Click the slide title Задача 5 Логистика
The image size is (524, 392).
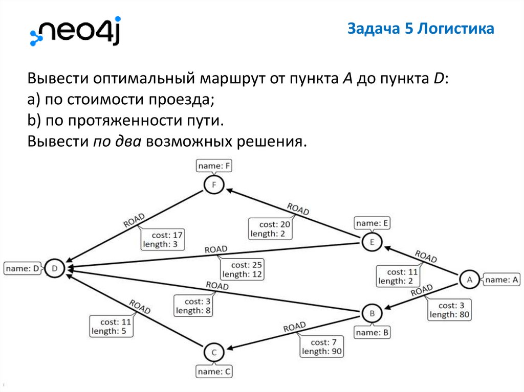(421, 29)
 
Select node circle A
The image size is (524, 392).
(469, 279)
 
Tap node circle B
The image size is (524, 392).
(372, 313)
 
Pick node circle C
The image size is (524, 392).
(214, 353)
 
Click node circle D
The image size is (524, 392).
(55, 268)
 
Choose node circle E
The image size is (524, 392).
(372, 242)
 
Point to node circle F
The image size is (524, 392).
(214, 185)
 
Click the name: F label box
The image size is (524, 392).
(214, 166)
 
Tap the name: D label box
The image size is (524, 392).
(23, 268)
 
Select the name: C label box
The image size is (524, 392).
(214, 372)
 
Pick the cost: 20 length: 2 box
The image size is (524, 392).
(270, 229)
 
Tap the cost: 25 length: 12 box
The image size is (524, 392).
(242, 270)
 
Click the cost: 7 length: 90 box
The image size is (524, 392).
(321, 347)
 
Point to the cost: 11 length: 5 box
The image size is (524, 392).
(112, 327)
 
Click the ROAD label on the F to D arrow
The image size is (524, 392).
(134, 220)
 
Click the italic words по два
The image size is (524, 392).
(117, 141)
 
